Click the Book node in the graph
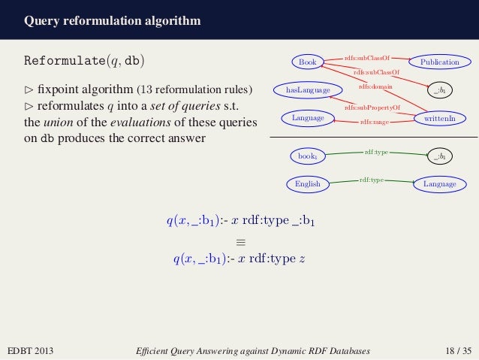[307, 62]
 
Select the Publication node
[439, 62]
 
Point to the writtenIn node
[439, 118]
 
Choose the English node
[307, 183]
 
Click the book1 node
[307, 156]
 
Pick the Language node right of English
[439, 183]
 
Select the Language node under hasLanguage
[307, 118]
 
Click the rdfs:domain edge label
[371, 87]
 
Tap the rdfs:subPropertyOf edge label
[372, 107]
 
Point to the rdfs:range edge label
[372, 122]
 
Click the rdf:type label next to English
[372, 180]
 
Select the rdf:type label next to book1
[375, 152]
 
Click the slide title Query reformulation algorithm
[112, 20]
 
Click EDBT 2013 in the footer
[30, 350]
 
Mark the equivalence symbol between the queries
[240, 242]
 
